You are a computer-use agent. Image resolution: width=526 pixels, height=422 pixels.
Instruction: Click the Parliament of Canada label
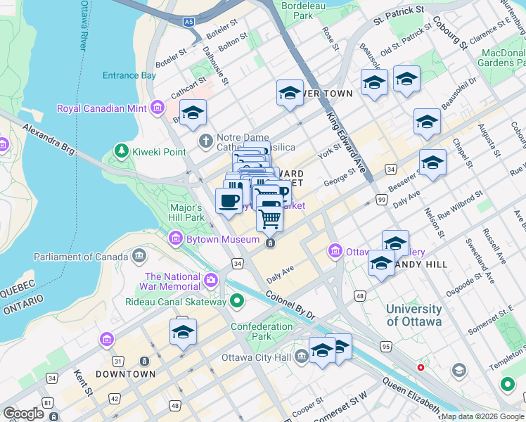tap(81, 256)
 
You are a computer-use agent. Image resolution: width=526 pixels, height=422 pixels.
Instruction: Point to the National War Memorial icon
tap(210, 281)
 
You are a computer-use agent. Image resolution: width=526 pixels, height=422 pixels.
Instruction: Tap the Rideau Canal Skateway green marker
tap(237, 302)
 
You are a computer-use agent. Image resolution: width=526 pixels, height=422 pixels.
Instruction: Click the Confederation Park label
tap(262, 331)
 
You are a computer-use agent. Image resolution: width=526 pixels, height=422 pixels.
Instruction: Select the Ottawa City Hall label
tap(256, 357)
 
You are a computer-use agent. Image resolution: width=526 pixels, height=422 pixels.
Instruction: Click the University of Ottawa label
tap(414, 315)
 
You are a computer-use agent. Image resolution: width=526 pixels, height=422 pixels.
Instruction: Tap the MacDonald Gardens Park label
tap(503, 58)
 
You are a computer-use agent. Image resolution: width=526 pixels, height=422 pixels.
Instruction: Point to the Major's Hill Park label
tap(186, 212)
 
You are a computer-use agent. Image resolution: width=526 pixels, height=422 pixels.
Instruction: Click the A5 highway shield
tap(188, 23)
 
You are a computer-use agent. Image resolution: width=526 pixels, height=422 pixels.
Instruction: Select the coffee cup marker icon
tap(229, 201)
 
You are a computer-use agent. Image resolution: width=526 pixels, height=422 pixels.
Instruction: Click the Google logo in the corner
tap(24, 414)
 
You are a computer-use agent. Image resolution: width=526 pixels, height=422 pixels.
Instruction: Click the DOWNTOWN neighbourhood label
tap(125, 374)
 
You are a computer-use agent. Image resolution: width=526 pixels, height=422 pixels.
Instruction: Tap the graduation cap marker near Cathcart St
tap(192, 113)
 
